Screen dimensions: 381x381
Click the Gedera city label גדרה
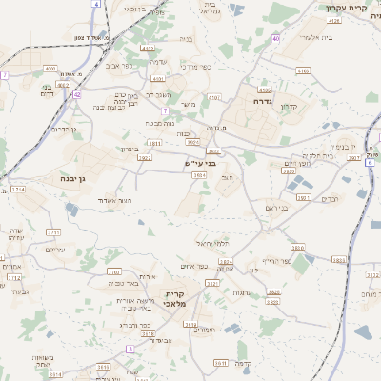(x=264, y=100)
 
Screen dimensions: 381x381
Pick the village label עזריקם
(x=56, y=250)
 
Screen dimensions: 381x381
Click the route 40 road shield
(x=275, y=38)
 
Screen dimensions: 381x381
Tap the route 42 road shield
(x=76, y=95)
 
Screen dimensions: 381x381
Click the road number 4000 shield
(x=50, y=69)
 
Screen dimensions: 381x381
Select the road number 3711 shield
(x=53, y=231)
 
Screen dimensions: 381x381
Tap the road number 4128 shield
(x=333, y=20)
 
